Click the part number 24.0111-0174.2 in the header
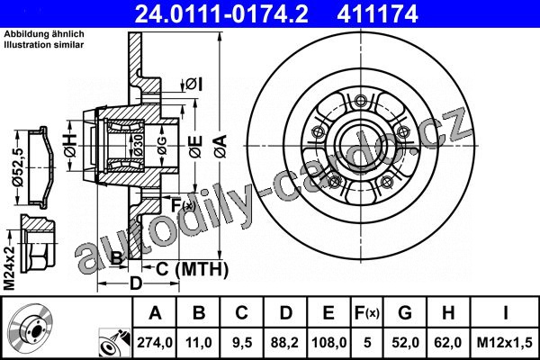pos(221,13)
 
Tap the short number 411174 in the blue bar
pos(377,13)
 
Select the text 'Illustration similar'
pos(44,45)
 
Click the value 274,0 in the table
pos(155,342)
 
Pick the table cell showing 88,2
pos(284,342)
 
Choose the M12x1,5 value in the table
pos(505,342)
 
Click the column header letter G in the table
pos(405,313)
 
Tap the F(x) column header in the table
pos(367,313)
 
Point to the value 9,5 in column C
pos(242,342)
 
